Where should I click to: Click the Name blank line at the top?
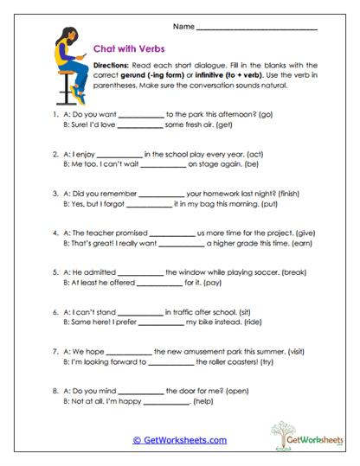[257, 29]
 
